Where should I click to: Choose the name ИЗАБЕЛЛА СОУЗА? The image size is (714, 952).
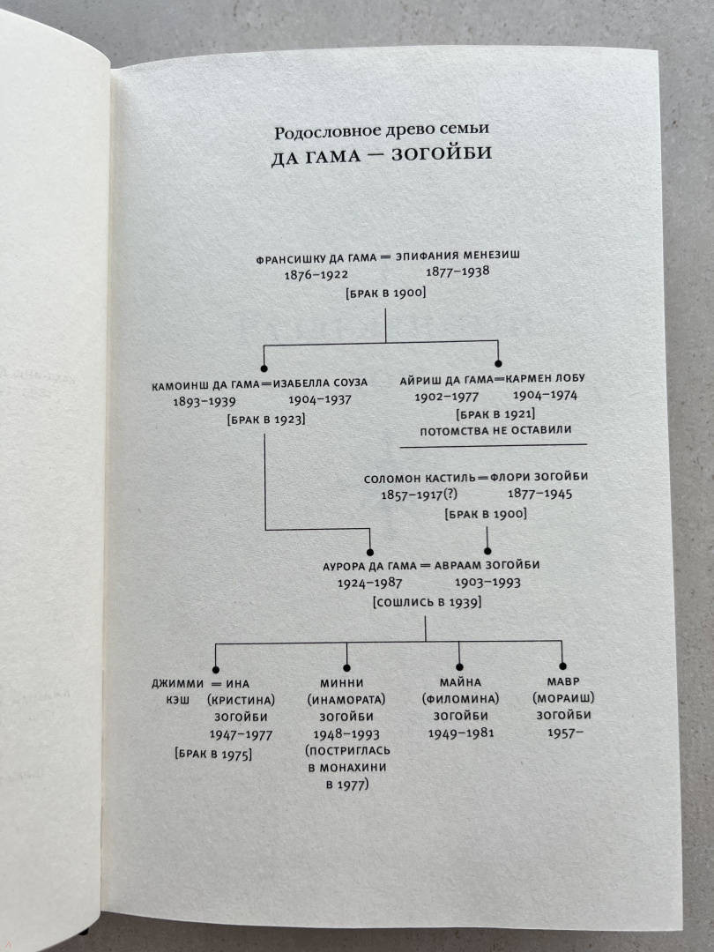(x=320, y=383)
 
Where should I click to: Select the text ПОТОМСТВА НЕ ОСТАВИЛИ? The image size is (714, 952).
(x=497, y=430)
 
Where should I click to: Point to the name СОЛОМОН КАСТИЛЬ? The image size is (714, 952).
(x=417, y=479)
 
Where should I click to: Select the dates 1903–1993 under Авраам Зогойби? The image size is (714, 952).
(x=487, y=583)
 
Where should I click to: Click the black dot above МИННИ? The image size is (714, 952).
(x=346, y=667)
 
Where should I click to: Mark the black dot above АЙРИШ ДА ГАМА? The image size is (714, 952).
(x=498, y=362)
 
